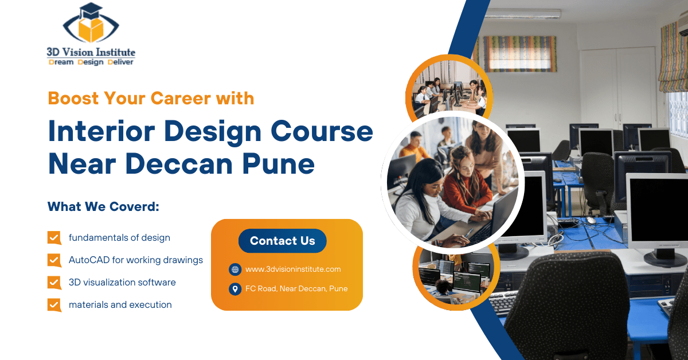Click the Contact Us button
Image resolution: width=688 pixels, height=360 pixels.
pos(282,241)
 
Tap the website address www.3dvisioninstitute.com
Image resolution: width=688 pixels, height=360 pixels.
pos(293,269)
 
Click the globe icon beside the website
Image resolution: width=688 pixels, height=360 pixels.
pos(234,269)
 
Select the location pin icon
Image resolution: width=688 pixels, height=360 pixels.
pos(234,289)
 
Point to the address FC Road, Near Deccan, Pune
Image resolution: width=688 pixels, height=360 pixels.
pos(296,288)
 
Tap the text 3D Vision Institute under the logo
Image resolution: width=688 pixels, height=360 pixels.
pos(91,52)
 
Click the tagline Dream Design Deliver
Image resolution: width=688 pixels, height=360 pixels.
pos(91,62)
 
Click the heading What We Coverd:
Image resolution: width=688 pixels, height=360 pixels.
pos(103,206)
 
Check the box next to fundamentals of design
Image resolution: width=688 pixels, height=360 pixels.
pos(54,237)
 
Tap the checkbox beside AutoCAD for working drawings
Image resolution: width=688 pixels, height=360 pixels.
pos(54,260)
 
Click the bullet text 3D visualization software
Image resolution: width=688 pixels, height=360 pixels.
pos(122,282)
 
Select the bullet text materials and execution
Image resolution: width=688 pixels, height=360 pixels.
pos(120,304)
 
